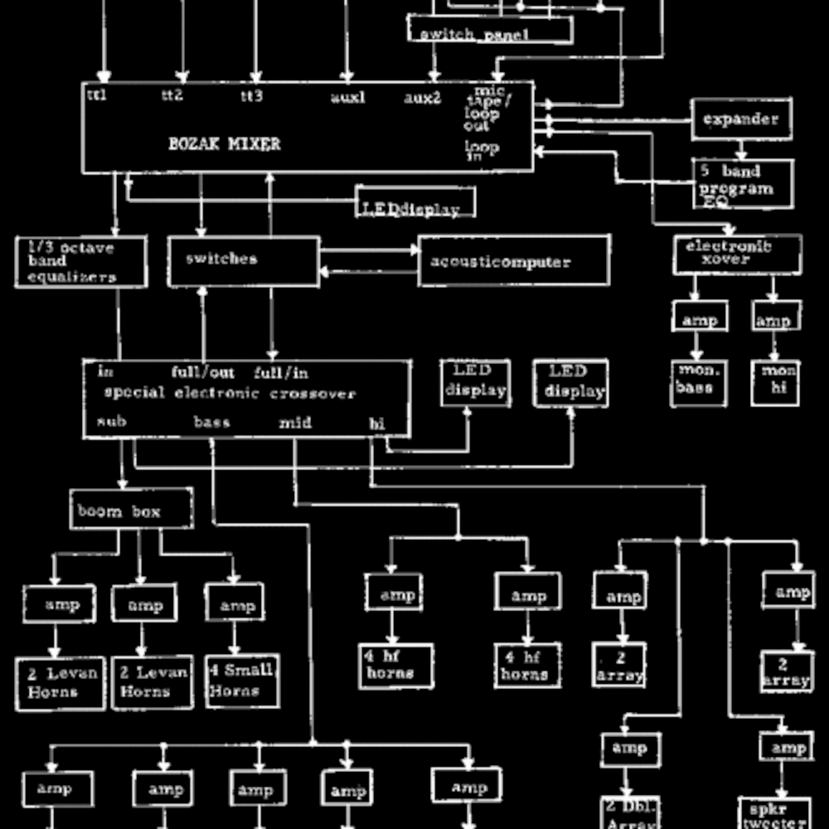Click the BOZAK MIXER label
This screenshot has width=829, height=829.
[x=224, y=144]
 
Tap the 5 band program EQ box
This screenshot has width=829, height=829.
[x=743, y=184]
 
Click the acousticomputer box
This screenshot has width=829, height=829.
[x=514, y=261]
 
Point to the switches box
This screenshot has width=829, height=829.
[x=243, y=261]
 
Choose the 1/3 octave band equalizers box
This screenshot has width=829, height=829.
[x=81, y=262]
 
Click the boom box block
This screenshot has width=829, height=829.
[x=131, y=509]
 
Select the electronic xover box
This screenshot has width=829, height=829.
[x=737, y=254]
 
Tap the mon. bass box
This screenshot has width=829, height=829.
[x=698, y=383]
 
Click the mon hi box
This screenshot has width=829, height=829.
[x=775, y=383]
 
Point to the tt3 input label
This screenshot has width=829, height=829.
[x=251, y=95]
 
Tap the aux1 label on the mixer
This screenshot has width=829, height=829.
[x=348, y=97]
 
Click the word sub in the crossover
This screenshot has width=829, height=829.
[x=112, y=421]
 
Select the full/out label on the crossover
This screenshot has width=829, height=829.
[x=203, y=372]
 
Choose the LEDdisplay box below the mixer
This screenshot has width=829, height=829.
[x=415, y=202]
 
